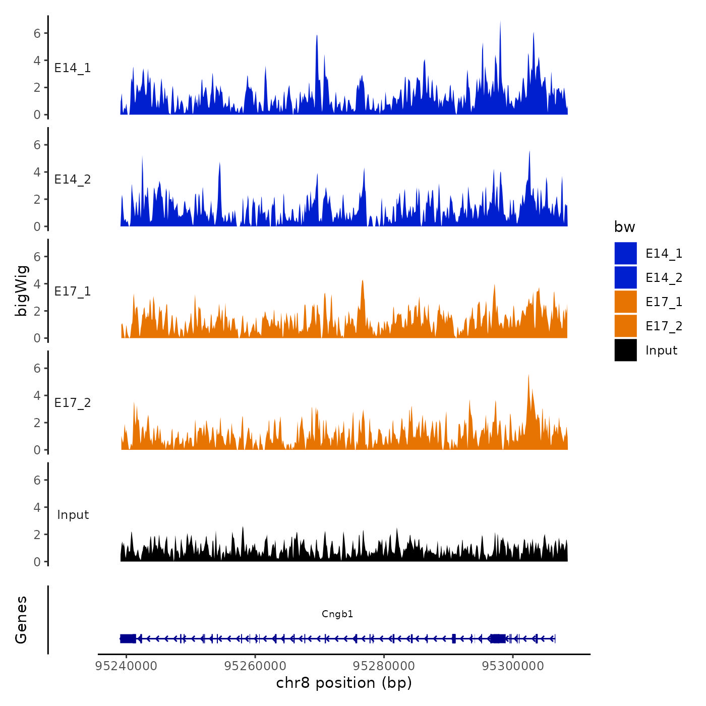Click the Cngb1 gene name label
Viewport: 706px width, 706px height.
(x=337, y=614)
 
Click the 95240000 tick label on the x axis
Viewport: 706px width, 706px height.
(x=126, y=666)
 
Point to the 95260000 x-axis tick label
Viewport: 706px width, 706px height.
(x=255, y=666)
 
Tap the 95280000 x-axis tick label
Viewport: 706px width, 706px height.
(x=384, y=666)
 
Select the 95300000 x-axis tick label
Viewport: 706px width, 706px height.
(x=513, y=666)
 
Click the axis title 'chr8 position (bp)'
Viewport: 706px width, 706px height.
(x=344, y=683)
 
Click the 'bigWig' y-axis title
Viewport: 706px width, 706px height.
(x=21, y=290)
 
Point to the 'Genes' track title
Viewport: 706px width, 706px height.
(x=21, y=620)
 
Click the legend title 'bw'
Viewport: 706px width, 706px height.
(x=624, y=227)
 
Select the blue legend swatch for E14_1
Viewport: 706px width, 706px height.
(x=625, y=253)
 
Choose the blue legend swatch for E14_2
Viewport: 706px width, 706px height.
(x=625, y=277)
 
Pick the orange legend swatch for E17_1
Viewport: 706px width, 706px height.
(x=625, y=302)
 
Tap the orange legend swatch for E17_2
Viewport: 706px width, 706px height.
(x=625, y=326)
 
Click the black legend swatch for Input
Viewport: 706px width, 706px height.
(x=625, y=350)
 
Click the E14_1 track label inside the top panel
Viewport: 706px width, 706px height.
(x=73, y=68)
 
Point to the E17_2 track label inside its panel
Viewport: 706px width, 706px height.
(x=73, y=403)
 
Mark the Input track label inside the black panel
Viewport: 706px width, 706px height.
(x=73, y=515)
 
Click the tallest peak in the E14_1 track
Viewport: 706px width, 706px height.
(x=500, y=23)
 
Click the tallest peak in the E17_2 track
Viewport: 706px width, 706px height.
(x=528, y=376)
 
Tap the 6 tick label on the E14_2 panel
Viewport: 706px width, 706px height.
(x=37, y=145)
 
